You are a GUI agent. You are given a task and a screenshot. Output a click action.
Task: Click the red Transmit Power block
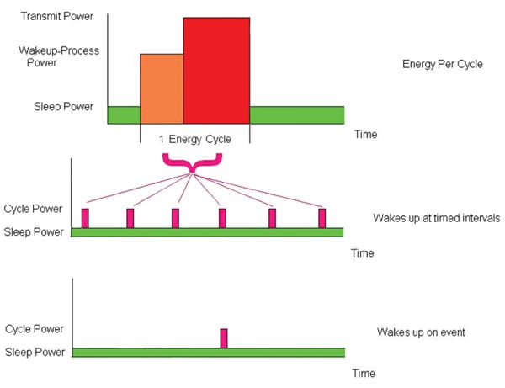pyautogui.click(x=216, y=71)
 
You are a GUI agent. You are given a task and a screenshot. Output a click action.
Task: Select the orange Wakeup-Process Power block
pyautogui.click(x=162, y=88)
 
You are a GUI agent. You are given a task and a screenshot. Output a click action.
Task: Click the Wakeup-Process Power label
pyautogui.click(x=58, y=56)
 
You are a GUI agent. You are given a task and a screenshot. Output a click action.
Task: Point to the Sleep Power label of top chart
pyautogui.click(x=58, y=107)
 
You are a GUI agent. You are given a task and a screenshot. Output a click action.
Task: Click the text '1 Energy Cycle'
pyautogui.click(x=194, y=139)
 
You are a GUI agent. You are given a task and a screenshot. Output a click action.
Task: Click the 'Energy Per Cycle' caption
pyautogui.click(x=444, y=64)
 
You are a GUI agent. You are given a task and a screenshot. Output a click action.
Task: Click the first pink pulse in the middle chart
pyautogui.click(x=85, y=218)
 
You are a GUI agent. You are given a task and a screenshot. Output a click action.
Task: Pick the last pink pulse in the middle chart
pyautogui.click(x=322, y=218)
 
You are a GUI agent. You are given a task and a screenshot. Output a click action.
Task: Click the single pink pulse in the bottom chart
pyautogui.click(x=224, y=338)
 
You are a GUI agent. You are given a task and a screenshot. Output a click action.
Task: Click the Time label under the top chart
pyautogui.click(x=364, y=135)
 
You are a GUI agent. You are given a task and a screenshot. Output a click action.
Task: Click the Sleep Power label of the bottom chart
pyautogui.click(x=34, y=352)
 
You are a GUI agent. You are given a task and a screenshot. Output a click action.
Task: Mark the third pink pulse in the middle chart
pyautogui.click(x=175, y=218)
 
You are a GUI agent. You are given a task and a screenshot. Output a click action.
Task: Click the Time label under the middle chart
pyautogui.click(x=362, y=252)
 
